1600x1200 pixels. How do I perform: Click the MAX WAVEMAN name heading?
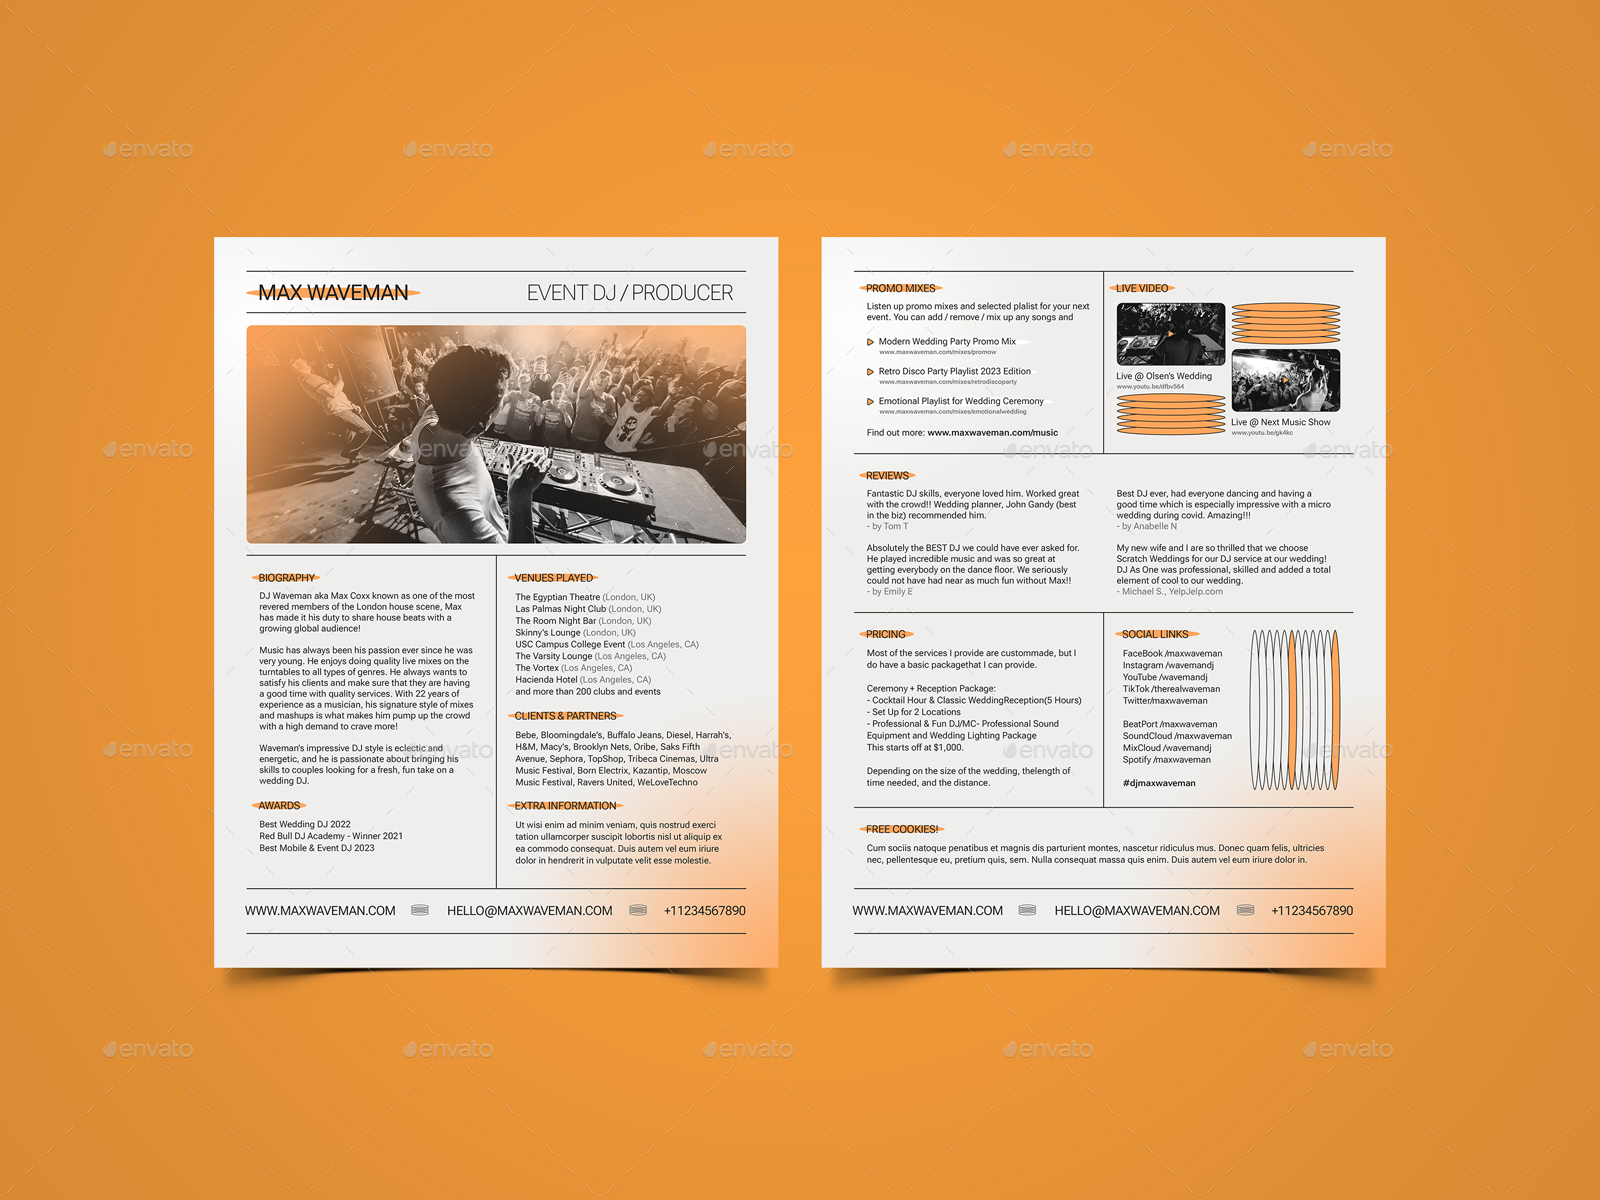pos(333,293)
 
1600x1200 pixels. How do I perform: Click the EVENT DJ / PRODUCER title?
pos(630,293)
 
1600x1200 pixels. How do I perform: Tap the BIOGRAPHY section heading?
pos(286,578)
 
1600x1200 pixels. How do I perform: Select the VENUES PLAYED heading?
pos(554,578)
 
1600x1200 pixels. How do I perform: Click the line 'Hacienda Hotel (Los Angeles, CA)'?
pos(583,680)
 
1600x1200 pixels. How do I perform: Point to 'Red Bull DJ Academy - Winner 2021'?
pos(331,836)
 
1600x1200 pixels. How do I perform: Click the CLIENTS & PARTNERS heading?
pos(565,716)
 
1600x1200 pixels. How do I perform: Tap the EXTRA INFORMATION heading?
pos(565,806)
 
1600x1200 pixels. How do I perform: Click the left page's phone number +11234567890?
pos(704,911)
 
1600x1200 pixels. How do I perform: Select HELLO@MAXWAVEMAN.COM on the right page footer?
pos(1137,911)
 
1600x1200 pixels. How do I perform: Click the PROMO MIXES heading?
pos(900,288)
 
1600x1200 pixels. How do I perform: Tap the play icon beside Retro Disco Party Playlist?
pos(870,372)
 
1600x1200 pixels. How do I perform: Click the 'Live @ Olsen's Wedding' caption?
pos(1164,376)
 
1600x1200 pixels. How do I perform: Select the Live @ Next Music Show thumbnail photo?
pos(1285,380)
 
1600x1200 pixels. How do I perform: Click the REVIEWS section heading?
pos(887,476)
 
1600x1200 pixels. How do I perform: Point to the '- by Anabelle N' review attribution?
pos(1147,526)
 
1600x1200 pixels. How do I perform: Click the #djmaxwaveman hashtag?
pos(1159,783)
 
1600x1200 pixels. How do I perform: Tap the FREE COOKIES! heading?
pos(901,829)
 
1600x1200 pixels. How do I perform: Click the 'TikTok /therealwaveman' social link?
pos(1171,689)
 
